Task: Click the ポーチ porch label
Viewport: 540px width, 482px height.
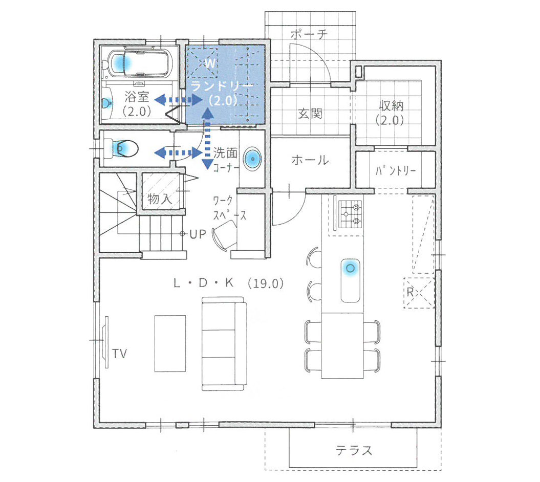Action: pos(309,34)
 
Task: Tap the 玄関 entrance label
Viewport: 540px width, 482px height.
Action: pos(310,113)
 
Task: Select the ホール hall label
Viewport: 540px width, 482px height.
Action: pos(310,160)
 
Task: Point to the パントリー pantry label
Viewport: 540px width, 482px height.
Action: pos(395,170)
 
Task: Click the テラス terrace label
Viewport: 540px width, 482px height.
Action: pos(354,450)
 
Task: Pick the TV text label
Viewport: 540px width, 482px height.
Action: pos(119,354)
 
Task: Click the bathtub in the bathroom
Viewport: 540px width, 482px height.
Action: pos(140,63)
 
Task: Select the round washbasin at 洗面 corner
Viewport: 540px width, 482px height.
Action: pos(252,159)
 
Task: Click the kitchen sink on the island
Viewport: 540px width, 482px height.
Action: pos(351,280)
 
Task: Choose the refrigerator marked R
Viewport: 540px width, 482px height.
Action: pos(418,293)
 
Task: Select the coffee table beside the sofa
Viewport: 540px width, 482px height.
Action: pos(170,344)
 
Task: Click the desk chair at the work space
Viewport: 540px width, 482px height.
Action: pos(225,235)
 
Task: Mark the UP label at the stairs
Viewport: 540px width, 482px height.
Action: pos(198,234)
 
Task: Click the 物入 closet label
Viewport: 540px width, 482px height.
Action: pos(160,199)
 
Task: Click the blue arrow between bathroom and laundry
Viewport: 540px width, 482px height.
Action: pos(179,100)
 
